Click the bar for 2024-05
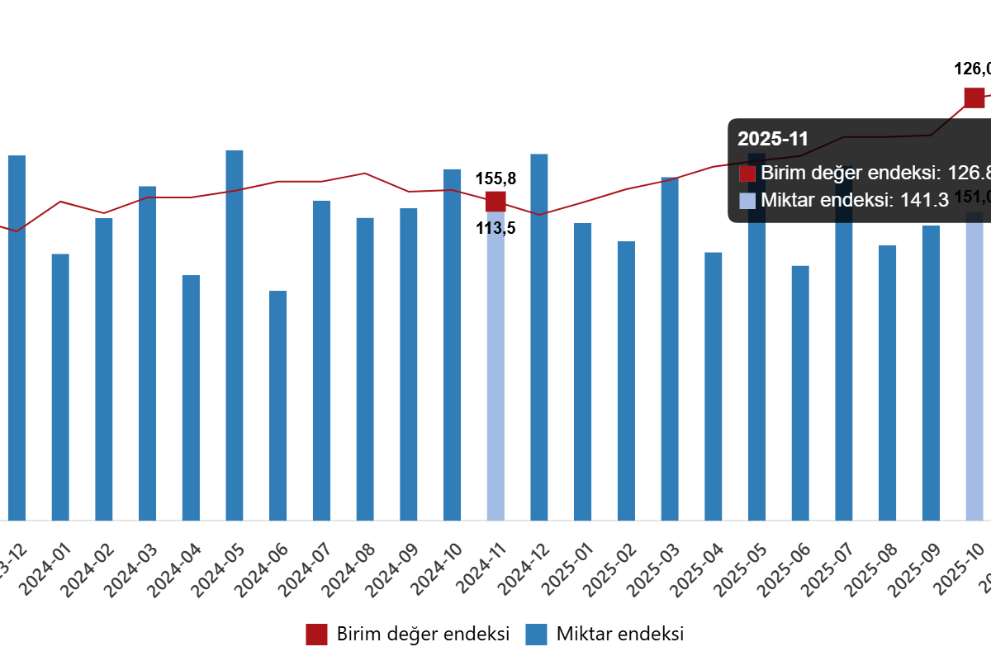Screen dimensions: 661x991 [x=235, y=335]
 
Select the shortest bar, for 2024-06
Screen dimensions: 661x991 [x=278, y=405]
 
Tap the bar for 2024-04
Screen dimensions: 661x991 [x=191, y=397]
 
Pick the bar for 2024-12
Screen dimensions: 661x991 [x=539, y=337]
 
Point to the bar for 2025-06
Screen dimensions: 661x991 [x=800, y=392]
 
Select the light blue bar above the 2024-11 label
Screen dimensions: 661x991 [x=495, y=372]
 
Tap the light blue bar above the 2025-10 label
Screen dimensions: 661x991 [x=974, y=372]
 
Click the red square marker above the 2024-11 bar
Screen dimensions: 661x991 [x=495, y=202]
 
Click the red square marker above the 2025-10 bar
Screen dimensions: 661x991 [x=974, y=97]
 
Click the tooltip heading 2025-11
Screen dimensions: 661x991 [x=773, y=139]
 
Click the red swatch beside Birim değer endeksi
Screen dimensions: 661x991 [x=747, y=174]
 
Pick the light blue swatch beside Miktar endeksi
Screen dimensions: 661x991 [x=747, y=200]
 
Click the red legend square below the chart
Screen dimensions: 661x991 [x=316, y=635]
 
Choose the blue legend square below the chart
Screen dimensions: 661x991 [x=536, y=635]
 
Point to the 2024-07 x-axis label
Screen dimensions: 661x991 [x=304, y=570]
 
